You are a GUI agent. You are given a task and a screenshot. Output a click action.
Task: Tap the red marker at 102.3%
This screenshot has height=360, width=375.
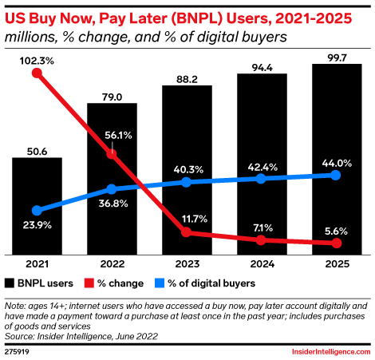[x=37, y=73]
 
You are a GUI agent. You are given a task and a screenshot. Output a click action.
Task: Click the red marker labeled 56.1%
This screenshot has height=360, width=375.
[x=112, y=154]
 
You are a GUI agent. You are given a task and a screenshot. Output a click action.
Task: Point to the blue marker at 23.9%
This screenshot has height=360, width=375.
[x=37, y=211]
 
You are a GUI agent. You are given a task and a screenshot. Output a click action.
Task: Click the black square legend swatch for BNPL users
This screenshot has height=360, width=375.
[x=10, y=283]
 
